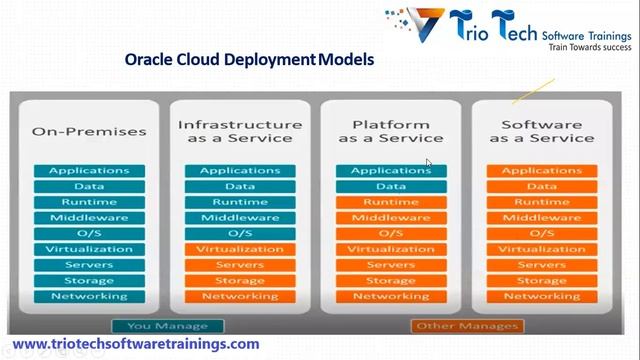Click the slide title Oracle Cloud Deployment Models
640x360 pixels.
coord(249,60)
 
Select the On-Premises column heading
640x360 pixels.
coord(89,131)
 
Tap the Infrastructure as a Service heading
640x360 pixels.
coord(239,131)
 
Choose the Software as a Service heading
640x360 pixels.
coord(541,131)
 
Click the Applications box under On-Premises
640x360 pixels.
coord(89,171)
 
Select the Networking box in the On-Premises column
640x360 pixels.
coord(89,296)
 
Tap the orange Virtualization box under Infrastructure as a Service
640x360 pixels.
coord(239,249)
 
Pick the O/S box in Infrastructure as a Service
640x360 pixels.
coord(239,233)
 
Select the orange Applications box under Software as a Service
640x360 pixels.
coord(541,171)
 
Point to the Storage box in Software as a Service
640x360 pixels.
coord(541,280)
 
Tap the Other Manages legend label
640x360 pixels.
coord(466,326)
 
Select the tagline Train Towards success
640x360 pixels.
coord(586,46)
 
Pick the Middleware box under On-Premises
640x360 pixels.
coord(89,218)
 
